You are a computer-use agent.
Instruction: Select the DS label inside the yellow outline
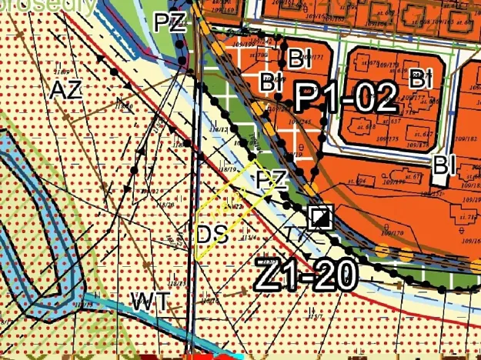pyautogui.click(x=212, y=234)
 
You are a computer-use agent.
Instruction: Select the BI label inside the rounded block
pyautogui.click(x=419, y=78)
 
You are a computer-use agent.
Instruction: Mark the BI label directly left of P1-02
pyautogui.click(x=270, y=82)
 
